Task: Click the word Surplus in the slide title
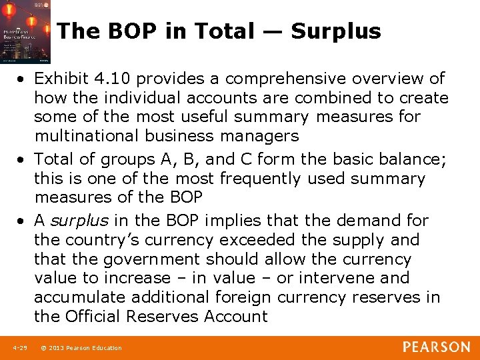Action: click(336, 31)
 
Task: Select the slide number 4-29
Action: click(19, 348)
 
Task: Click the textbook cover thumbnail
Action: click(25, 32)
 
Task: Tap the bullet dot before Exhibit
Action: click(23, 79)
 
